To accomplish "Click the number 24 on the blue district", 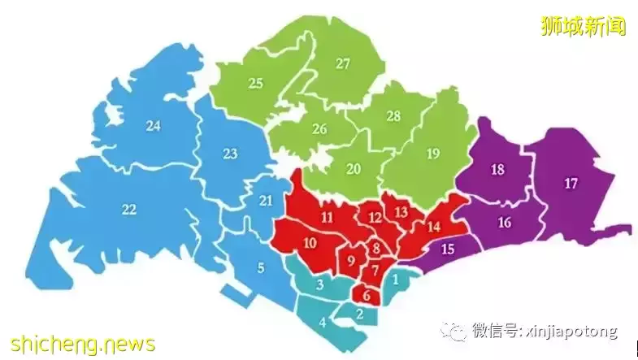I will coord(154,125).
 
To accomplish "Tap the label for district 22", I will coord(128,210).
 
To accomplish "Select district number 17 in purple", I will coord(571,184).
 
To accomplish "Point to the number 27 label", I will coord(342,63).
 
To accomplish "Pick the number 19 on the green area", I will coord(432,154).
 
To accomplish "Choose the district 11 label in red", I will coord(327,217).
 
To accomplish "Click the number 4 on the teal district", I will coord(323,322).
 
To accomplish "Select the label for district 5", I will coord(260,267).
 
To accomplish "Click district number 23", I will coord(230,154).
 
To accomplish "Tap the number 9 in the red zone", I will coord(351,261).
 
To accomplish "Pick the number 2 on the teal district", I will coord(359,313).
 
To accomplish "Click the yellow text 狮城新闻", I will coord(583,26).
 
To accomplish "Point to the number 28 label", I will coord(393,116).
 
